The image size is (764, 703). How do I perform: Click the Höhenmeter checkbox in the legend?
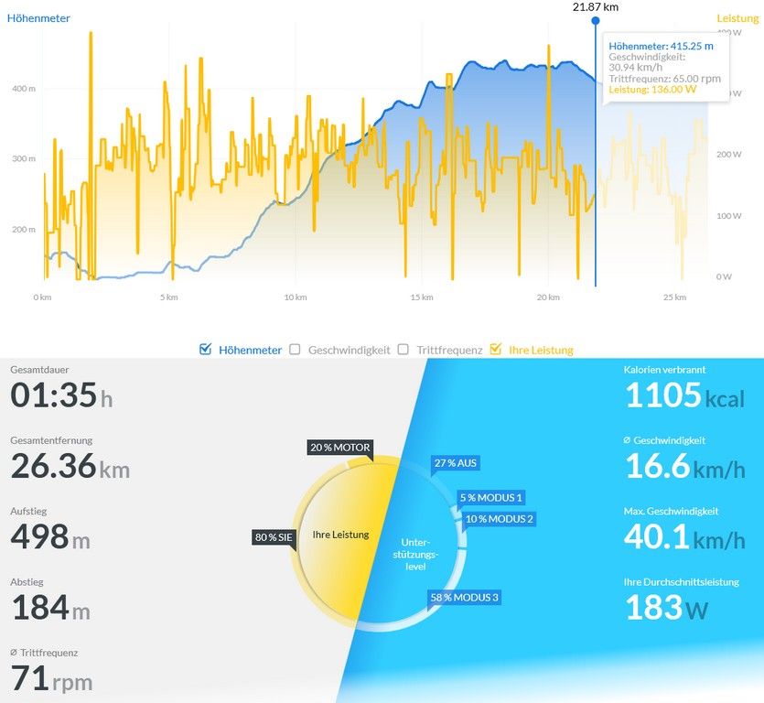tap(206, 349)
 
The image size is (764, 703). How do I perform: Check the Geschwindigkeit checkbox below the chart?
tap(295, 349)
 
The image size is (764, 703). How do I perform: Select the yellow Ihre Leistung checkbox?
tap(496, 349)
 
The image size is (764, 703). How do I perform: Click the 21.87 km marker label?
tap(596, 6)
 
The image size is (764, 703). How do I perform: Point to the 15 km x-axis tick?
tap(421, 297)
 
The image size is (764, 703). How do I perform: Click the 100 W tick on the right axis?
tap(723, 216)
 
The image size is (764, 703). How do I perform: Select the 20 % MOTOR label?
tap(340, 448)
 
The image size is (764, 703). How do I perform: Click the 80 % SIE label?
tap(274, 537)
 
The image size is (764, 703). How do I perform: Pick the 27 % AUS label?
tap(457, 463)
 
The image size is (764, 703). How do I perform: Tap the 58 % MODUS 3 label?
tap(466, 598)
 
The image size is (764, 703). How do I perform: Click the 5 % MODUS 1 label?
tap(492, 498)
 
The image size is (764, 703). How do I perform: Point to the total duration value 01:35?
tap(53, 395)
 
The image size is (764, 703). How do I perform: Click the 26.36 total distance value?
tap(54, 466)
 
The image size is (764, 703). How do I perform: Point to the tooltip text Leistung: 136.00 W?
tap(652, 90)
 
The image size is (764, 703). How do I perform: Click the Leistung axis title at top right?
tap(737, 17)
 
